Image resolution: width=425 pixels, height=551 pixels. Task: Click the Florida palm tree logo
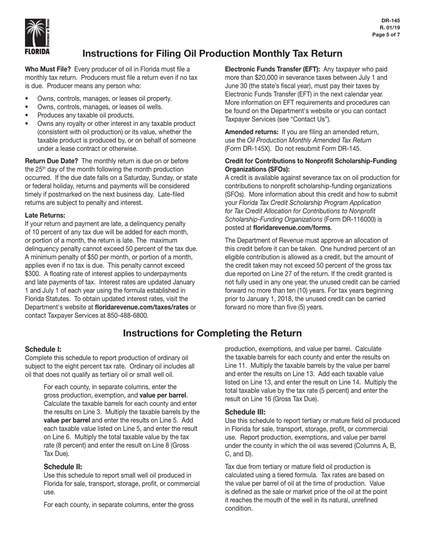pyautogui.click(x=38, y=36)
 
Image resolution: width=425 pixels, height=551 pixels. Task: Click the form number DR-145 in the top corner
pyautogui.click(x=391, y=21)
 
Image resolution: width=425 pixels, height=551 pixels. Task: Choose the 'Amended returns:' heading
pyautogui.click(x=251, y=132)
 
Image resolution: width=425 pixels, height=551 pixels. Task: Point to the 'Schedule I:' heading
pyautogui.click(x=43, y=349)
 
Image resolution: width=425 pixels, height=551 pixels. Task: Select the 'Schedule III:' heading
pyautogui.click(x=245, y=412)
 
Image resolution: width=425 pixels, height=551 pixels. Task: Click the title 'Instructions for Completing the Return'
pyautogui.click(x=212, y=333)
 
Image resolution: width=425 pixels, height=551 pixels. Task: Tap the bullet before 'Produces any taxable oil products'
pyautogui.click(x=28, y=115)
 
